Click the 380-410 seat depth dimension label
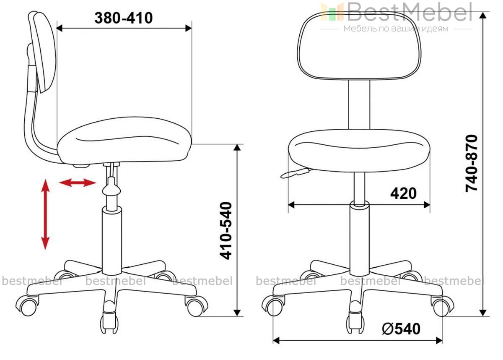click(124, 18)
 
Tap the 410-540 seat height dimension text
click(226, 231)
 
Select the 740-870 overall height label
click(471, 163)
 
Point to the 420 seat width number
click(403, 193)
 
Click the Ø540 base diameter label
click(401, 329)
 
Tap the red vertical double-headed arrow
click(45, 214)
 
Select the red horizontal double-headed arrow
click(78, 183)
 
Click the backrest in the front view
click(359, 46)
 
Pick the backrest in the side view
click(43, 52)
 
